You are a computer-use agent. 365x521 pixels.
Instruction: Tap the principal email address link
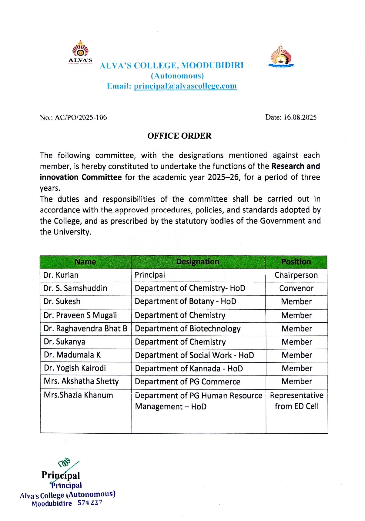(185, 86)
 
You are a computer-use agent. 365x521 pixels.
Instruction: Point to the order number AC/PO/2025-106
(81, 118)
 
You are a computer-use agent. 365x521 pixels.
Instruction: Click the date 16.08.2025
(300, 117)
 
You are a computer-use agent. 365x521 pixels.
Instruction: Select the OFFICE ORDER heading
(179, 136)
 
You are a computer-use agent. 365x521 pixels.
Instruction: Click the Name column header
(85, 262)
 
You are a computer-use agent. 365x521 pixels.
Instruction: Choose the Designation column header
(198, 262)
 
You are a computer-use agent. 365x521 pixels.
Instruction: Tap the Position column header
(296, 262)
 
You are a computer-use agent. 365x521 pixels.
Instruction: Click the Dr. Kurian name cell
(61, 275)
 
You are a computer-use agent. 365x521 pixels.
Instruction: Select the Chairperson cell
(296, 275)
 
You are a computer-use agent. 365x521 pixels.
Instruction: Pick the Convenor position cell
(296, 288)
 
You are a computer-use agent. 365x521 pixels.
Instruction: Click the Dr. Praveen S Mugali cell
(80, 315)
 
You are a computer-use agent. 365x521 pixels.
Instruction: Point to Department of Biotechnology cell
(188, 329)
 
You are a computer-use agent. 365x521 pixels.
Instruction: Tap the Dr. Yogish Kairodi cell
(75, 368)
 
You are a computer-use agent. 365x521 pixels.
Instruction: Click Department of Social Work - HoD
(194, 355)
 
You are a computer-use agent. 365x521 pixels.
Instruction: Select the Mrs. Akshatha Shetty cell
(81, 381)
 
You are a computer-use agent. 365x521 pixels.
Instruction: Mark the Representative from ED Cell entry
(296, 401)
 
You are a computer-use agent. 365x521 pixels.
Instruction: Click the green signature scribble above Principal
(65, 463)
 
